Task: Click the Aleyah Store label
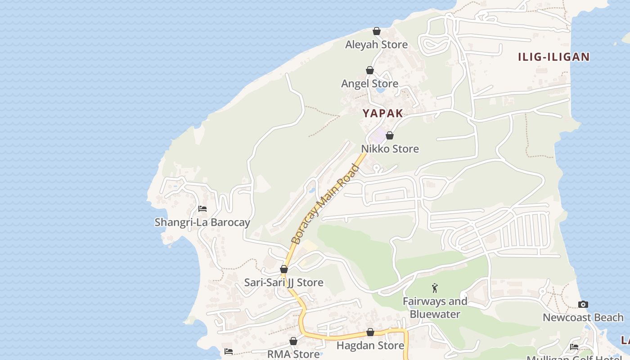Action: click(376, 45)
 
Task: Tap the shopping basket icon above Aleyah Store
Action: click(377, 31)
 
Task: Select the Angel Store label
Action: click(369, 84)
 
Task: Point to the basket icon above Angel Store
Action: click(369, 70)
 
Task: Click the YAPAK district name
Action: click(383, 113)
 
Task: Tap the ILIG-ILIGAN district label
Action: click(553, 57)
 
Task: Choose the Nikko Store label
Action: click(390, 149)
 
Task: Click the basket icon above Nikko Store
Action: click(390, 135)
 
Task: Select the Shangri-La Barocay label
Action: click(202, 222)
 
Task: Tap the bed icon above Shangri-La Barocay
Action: click(202, 209)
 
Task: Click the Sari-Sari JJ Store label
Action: click(283, 283)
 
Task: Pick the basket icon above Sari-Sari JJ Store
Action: click(284, 269)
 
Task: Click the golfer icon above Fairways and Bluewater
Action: click(435, 288)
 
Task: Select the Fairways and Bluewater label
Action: click(435, 308)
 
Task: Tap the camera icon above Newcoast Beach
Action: click(583, 304)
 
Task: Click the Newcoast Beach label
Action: click(583, 318)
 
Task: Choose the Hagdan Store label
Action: click(370, 346)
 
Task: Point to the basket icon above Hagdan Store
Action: click(370, 332)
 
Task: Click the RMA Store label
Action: click(293, 354)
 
